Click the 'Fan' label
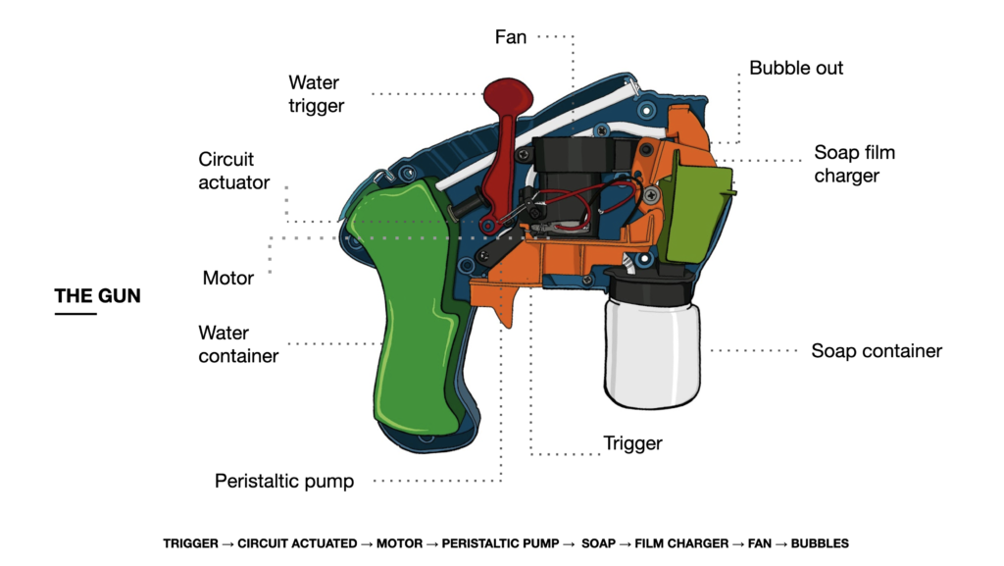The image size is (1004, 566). click(510, 37)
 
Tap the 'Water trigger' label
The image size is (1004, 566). click(316, 94)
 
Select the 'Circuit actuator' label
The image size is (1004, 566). click(233, 171)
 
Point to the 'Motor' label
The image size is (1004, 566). click(228, 279)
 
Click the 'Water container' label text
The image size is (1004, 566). click(238, 344)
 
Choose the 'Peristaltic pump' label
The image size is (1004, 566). click(284, 482)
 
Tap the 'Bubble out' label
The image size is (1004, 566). click(796, 68)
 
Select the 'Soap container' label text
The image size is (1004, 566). click(876, 351)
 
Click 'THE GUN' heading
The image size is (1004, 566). click(97, 295)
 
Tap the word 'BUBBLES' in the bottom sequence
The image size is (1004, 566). click(820, 543)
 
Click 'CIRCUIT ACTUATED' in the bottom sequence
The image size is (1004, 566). click(297, 543)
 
